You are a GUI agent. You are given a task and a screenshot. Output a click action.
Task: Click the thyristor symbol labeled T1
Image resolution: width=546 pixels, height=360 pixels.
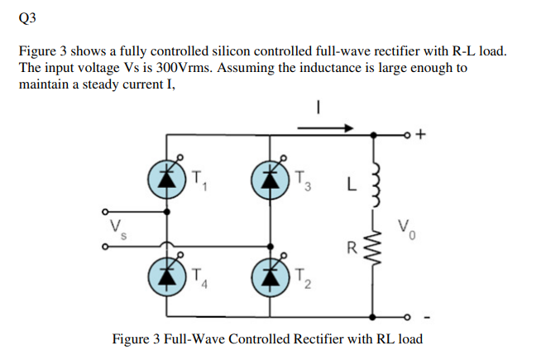point(168,178)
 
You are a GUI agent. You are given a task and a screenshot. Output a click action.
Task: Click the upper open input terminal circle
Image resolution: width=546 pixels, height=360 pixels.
point(105,210)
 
